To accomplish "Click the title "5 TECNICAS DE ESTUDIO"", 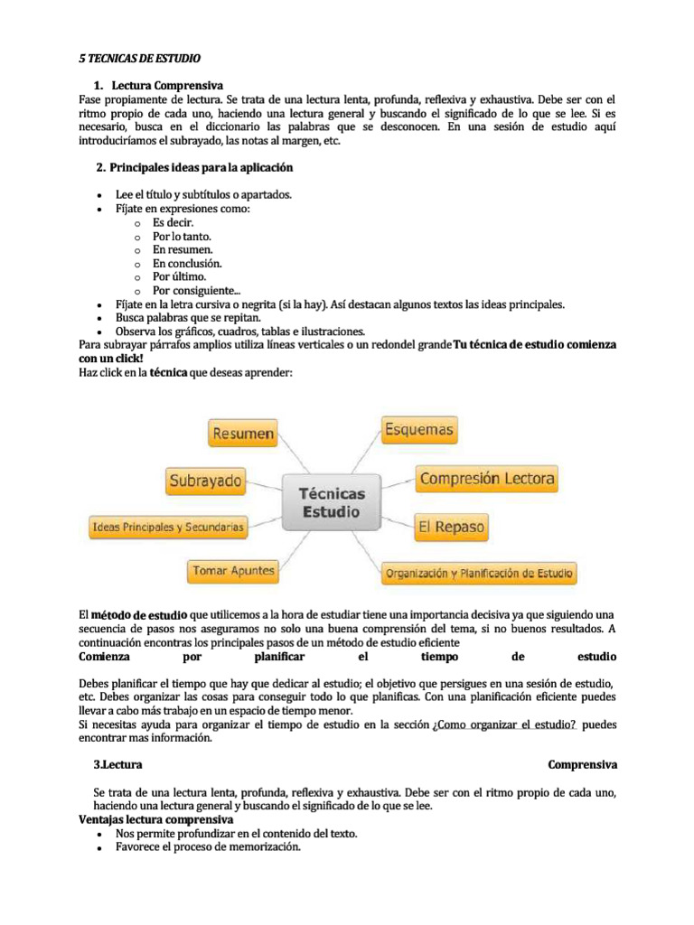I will pyautogui.click(x=136, y=57).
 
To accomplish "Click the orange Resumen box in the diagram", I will pyautogui.click(x=242, y=434).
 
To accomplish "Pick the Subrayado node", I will pyautogui.click(x=204, y=480).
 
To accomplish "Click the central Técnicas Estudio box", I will pyautogui.click(x=332, y=502).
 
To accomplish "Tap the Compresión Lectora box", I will pyautogui.click(x=487, y=478).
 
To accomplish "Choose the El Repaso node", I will pyautogui.click(x=451, y=526).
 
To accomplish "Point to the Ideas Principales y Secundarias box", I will pyautogui.click(x=167, y=525).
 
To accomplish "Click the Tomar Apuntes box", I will pyautogui.click(x=232, y=571).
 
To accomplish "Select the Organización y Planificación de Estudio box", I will pyautogui.click(x=478, y=573).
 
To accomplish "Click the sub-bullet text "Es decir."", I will pyautogui.click(x=173, y=222).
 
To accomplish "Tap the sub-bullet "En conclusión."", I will pyautogui.click(x=187, y=263).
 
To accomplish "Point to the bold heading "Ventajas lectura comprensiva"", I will pyautogui.click(x=156, y=819).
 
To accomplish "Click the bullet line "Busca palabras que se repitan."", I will pyautogui.click(x=188, y=318).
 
